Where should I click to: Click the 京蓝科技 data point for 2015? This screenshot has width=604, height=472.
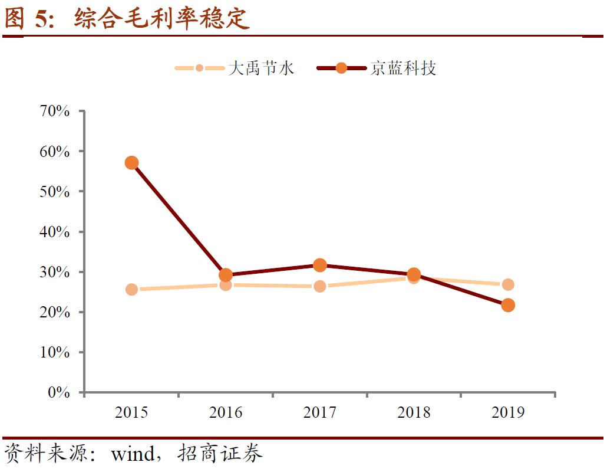131,163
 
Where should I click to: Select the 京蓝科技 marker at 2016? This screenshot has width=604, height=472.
226,276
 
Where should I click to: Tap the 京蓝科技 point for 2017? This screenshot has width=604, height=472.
320,265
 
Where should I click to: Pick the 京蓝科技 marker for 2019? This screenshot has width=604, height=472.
508,305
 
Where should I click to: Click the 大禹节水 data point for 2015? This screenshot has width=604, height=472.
131,290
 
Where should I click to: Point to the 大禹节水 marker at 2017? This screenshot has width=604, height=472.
320,287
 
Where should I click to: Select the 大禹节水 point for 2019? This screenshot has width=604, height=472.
508,285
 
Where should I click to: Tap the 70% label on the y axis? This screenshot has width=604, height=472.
55,111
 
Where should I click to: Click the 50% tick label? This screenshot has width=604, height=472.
55,192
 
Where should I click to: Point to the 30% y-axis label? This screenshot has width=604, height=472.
55,272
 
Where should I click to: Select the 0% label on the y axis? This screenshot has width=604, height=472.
59,392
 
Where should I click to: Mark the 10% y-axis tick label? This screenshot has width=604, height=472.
55,352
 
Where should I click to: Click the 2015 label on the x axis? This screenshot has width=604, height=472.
131,412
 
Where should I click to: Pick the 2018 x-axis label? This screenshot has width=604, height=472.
414,412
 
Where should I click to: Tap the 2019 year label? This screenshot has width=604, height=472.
508,412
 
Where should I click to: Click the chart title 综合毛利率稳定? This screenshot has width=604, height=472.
162,19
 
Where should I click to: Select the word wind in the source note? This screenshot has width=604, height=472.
133,455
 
